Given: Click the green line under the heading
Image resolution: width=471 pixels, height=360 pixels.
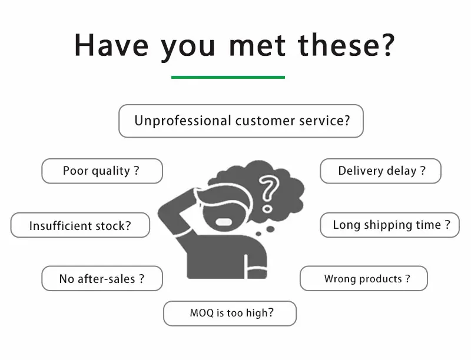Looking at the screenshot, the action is click(x=228, y=77).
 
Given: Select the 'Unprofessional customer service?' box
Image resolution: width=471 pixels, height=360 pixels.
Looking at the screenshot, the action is click(x=241, y=121).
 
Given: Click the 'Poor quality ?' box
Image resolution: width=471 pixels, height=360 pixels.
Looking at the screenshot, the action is click(x=101, y=171).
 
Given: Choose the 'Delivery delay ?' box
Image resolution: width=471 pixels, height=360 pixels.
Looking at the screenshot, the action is click(x=380, y=171).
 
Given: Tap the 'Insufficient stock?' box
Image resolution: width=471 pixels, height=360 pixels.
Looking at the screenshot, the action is click(x=80, y=225).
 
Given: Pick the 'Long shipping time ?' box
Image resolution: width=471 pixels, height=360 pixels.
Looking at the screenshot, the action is click(x=390, y=225).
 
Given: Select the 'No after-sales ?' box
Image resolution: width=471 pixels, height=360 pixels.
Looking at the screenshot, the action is click(x=101, y=279).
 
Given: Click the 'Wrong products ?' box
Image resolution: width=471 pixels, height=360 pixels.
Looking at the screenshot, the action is click(x=364, y=279).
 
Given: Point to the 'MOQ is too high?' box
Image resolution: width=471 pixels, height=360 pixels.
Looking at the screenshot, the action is click(x=230, y=313).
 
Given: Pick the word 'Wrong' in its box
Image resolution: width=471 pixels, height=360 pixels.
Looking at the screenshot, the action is click(x=340, y=279).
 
